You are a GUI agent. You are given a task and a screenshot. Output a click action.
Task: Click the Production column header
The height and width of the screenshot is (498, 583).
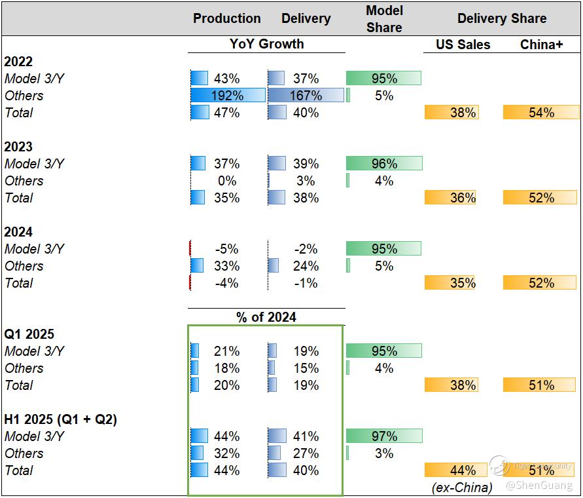226,18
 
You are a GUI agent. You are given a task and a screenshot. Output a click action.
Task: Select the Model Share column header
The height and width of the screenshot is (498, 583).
384,18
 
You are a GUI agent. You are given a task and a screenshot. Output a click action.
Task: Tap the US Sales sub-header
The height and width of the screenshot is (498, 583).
463,45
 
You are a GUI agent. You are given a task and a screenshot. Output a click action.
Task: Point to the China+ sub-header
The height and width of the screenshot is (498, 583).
541,45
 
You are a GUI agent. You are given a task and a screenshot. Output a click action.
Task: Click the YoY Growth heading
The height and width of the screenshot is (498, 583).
266,44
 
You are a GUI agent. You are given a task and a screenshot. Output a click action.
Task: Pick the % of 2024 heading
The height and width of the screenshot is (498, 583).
266,317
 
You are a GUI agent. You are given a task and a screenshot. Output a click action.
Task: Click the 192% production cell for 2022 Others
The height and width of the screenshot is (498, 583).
227,96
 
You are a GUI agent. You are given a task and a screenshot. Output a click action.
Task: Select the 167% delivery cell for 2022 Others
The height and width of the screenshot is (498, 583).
306,96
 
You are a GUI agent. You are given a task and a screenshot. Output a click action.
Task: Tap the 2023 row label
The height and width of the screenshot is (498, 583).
18,147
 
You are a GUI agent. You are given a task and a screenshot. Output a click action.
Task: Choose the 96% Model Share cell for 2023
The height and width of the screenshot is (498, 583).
384,164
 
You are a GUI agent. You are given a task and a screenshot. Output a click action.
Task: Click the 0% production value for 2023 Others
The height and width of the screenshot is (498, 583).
227,181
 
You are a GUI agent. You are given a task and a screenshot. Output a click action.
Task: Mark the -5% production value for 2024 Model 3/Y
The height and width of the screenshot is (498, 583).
227,249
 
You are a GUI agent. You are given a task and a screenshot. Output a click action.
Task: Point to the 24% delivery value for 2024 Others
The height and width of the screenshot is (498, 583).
306,266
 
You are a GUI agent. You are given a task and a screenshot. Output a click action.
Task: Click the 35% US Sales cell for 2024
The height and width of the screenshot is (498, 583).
463,283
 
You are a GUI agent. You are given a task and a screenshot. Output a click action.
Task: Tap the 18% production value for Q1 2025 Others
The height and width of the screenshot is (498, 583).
227,368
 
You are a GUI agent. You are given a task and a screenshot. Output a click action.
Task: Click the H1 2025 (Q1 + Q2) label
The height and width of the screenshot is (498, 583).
61,419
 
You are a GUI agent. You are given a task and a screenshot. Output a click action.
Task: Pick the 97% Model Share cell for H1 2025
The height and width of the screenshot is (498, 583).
384,436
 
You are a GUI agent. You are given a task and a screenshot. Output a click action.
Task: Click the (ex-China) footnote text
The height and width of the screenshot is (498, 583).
462,487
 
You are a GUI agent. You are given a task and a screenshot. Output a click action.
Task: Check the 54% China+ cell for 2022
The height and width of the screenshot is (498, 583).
541,113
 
